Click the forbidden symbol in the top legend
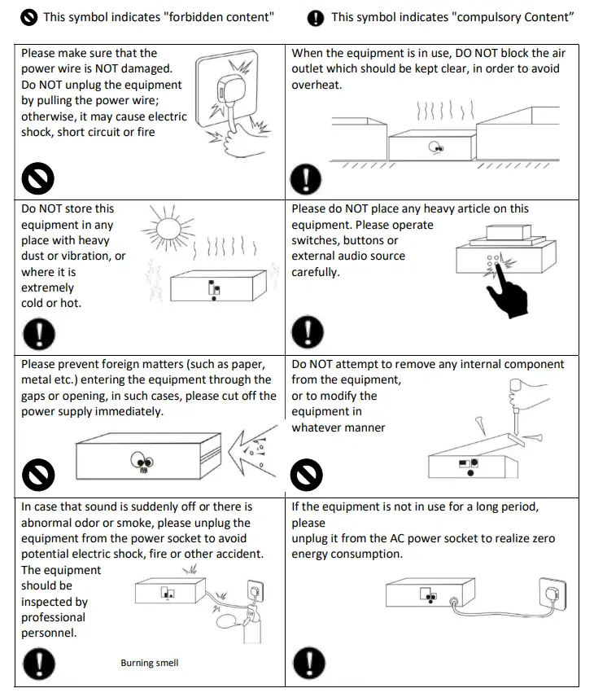click(x=29, y=16)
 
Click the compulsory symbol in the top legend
click(x=316, y=17)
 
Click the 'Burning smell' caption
click(x=150, y=663)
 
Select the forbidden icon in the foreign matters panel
click(x=38, y=475)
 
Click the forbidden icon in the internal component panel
click(x=307, y=475)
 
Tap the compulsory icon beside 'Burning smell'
click(x=38, y=662)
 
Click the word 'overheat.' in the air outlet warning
click(x=317, y=85)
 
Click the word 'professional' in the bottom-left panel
click(x=54, y=618)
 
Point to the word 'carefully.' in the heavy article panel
click(x=316, y=272)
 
